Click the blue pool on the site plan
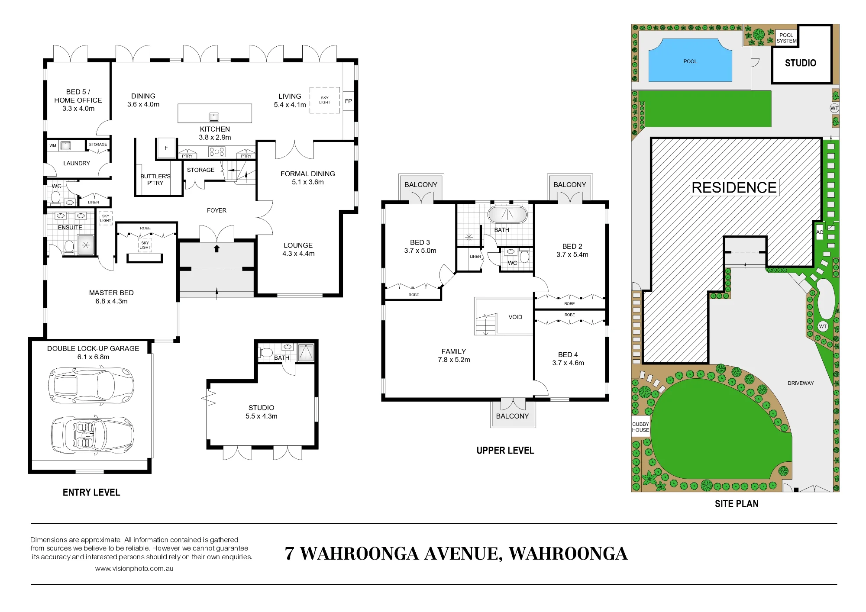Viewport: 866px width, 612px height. pos(690,60)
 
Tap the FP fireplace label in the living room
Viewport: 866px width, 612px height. pos(349,101)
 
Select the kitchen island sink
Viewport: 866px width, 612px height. pos(214,117)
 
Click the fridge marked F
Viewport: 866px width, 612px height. pos(166,148)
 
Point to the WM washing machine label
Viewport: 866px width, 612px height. pos(53,145)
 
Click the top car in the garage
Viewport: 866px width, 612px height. pos(91,385)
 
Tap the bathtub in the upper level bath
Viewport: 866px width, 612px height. pos(507,215)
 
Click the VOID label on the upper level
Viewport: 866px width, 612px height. pos(515,317)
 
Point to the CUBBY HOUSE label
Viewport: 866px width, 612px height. pos(640,427)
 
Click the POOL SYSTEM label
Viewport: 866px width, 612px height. pos(786,38)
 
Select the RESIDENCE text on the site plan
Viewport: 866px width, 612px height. pos(734,188)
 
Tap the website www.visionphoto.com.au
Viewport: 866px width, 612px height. pos(134,569)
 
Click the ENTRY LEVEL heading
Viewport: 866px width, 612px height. pos(91,493)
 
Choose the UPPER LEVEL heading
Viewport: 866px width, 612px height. pos(505,451)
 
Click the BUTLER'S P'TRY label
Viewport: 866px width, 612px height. pos(155,180)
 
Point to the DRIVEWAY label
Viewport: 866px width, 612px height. pos(801,383)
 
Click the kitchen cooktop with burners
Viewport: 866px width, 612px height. pos(216,151)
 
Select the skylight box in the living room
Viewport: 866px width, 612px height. pos(325,100)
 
